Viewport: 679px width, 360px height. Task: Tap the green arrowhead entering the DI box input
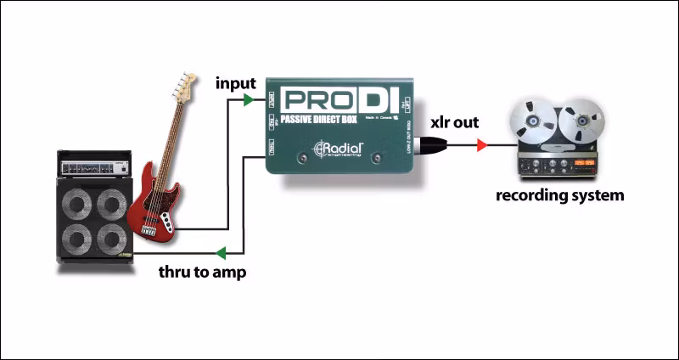pos(248,100)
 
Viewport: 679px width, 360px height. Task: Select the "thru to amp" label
pos(202,273)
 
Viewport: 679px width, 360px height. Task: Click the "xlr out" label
pos(455,122)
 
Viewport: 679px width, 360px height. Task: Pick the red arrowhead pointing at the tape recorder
pos(481,146)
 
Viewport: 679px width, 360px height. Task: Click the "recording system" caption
pos(560,195)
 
